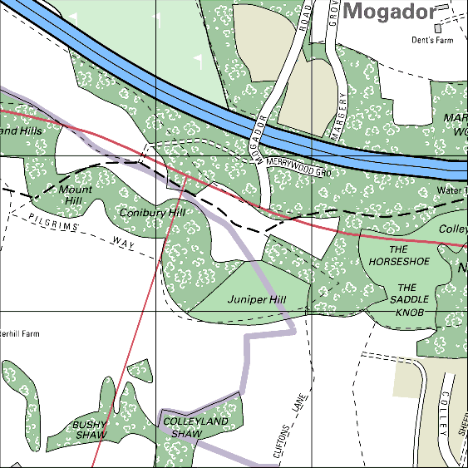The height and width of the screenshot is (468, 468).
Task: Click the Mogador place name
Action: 389,12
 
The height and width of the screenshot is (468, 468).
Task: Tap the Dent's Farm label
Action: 431,39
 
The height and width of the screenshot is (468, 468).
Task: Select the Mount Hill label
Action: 76,195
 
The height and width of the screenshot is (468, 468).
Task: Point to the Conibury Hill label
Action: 150,213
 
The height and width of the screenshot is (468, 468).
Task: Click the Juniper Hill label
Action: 256,298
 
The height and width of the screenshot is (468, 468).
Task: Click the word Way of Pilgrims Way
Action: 122,243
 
